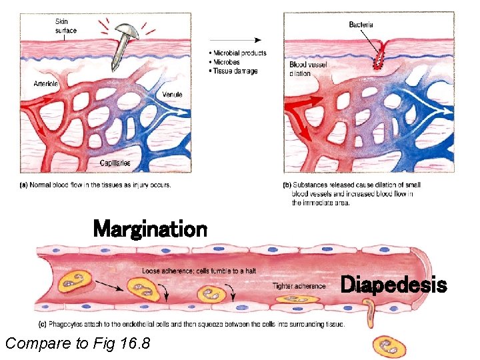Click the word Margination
tap(150, 229)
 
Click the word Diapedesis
tap(393, 285)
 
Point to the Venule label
tap(172, 95)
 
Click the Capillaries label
tap(115, 163)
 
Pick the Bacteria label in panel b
tap(361, 25)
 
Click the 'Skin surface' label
tap(65, 26)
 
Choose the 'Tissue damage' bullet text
tap(235, 71)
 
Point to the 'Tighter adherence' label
tap(299, 286)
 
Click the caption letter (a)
tap(24, 185)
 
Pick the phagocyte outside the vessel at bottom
tap(387, 345)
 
